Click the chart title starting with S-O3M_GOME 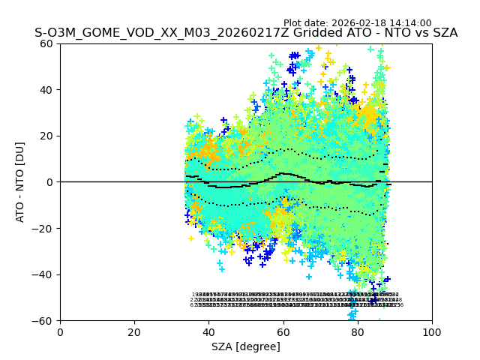[246, 33]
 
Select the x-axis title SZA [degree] [246, 346]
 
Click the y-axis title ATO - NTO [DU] [20, 182]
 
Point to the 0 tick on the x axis [60, 331]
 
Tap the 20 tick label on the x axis [134, 331]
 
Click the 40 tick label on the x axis [208, 331]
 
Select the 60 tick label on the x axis [283, 331]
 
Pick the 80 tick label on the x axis [358, 331]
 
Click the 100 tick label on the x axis [432, 331]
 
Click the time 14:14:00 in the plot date [410, 23]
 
